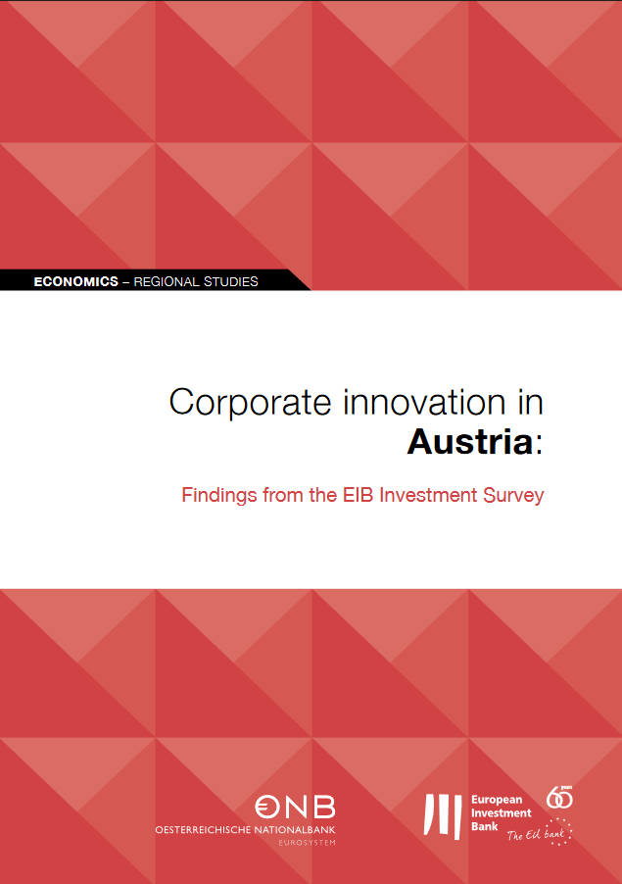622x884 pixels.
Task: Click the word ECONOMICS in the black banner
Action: tap(76, 281)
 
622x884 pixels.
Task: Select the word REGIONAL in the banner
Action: tap(167, 281)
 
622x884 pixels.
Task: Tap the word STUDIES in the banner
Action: tap(231, 281)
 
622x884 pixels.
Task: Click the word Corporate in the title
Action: tap(250, 403)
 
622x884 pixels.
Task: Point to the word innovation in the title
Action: tap(424, 402)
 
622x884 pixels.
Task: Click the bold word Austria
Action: tap(470, 441)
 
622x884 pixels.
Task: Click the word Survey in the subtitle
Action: tap(514, 496)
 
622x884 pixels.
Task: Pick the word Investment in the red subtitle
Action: tap(428, 495)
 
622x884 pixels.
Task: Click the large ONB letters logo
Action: tap(295, 807)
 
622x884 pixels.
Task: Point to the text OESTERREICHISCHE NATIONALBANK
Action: tap(245, 830)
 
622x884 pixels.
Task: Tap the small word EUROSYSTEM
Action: tap(307, 843)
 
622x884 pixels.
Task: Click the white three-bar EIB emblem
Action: tap(443, 815)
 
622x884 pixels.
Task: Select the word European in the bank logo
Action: tap(497, 800)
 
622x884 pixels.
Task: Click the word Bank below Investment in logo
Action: tap(485, 826)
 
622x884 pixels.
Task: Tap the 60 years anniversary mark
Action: tap(559, 797)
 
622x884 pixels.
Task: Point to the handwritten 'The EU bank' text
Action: tap(537, 834)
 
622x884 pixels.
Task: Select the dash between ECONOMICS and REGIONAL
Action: tap(126, 282)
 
